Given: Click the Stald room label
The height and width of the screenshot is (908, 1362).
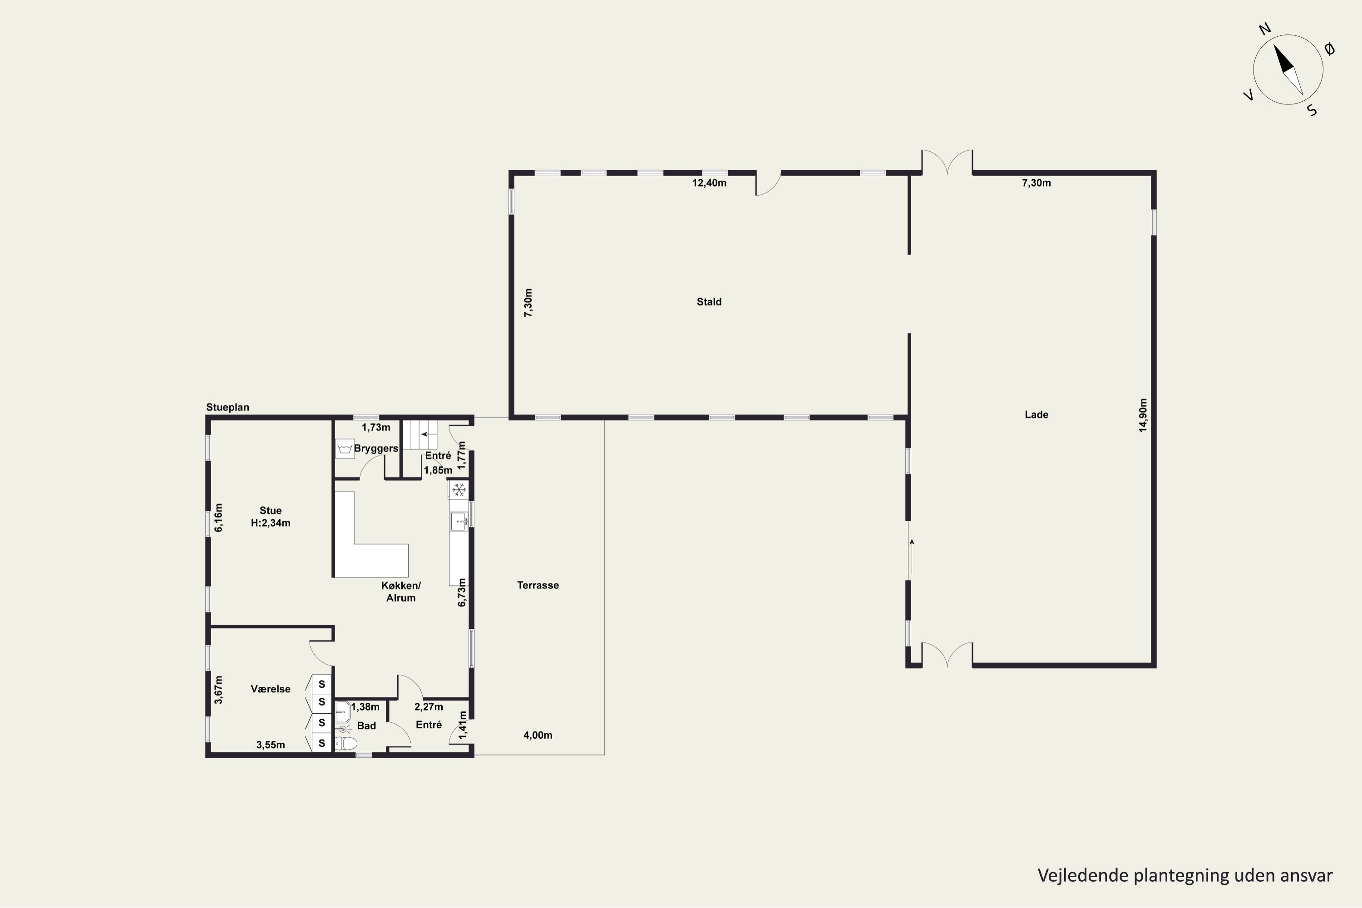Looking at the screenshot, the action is [709, 302].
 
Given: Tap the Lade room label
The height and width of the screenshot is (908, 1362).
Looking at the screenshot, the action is [1036, 415].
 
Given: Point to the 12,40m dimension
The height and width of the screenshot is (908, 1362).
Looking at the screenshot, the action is [709, 183].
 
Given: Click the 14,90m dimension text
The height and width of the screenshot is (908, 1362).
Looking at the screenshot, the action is [1143, 415].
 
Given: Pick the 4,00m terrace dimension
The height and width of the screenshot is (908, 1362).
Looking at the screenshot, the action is [538, 735].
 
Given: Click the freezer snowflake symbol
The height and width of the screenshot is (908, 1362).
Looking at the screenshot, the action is [459, 490].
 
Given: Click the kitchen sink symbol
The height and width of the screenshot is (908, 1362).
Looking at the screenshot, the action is [459, 522].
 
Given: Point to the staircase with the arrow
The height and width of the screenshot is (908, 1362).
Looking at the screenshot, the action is [420, 434].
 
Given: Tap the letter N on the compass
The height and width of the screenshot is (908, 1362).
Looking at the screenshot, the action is [1265, 45].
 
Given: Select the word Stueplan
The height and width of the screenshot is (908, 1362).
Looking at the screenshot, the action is [227, 407].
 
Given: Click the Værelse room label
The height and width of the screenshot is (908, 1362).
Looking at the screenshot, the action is [271, 689].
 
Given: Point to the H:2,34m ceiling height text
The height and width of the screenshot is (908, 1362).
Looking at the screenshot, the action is [271, 523].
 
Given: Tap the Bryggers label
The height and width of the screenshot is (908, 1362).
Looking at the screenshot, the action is [376, 449].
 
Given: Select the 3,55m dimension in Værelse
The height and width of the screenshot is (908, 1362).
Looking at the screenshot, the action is [271, 745].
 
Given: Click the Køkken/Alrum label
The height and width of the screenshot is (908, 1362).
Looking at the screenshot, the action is [401, 592].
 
